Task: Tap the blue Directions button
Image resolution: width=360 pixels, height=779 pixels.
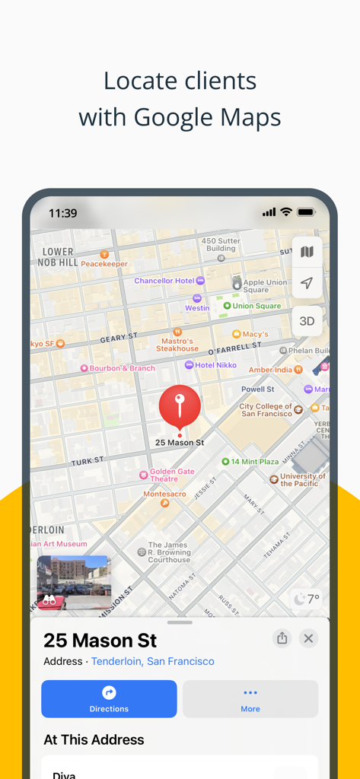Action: point(109,698)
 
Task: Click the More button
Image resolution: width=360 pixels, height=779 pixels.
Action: point(250,698)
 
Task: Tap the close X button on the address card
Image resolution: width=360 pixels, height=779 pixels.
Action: point(308,638)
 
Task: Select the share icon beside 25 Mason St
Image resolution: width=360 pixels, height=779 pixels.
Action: point(282,638)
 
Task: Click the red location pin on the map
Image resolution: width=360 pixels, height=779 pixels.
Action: point(180,405)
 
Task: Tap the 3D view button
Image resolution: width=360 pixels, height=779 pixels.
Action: point(307,321)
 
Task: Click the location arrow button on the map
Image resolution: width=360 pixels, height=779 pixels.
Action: point(307,283)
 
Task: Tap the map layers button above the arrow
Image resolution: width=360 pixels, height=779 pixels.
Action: point(307,252)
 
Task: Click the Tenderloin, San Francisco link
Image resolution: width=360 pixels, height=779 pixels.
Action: point(152,661)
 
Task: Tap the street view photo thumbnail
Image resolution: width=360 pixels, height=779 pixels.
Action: point(74,582)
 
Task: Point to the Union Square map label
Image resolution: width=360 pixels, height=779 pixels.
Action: point(256,306)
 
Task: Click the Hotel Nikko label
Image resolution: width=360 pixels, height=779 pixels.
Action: point(215,365)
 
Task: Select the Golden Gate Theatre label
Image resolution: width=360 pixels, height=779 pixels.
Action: point(171,475)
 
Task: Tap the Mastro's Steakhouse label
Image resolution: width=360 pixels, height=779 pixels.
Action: point(177,345)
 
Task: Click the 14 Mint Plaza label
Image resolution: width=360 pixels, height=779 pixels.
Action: point(254,462)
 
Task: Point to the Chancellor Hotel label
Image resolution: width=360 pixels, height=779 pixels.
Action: point(164,281)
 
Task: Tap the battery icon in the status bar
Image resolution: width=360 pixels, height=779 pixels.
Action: point(306,212)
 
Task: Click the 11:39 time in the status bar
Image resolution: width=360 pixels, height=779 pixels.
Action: point(62,213)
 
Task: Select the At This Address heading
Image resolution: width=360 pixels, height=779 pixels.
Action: point(94,739)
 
